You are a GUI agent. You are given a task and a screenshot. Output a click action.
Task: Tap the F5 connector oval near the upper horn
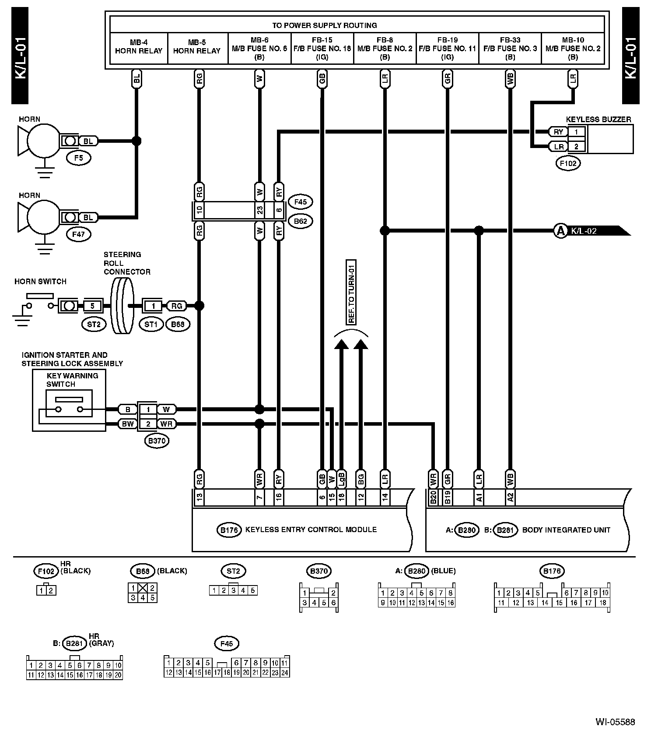click(x=78, y=158)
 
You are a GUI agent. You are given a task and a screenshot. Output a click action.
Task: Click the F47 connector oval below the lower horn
click(x=78, y=234)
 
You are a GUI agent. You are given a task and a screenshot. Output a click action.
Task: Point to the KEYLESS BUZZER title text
click(x=598, y=119)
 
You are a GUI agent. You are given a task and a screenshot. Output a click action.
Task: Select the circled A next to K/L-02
click(x=560, y=230)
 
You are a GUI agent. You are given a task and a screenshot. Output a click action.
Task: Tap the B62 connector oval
click(x=300, y=221)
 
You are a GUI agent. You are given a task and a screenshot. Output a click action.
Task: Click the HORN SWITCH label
click(x=40, y=282)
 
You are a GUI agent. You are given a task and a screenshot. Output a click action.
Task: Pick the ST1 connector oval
click(x=151, y=325)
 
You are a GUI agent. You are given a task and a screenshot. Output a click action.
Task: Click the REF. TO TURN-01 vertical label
click(x=351, y=292)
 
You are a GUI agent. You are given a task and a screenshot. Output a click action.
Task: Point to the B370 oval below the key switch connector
click(x=157, y=441)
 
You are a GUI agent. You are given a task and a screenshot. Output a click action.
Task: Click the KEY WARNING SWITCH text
click(x=72, y=380)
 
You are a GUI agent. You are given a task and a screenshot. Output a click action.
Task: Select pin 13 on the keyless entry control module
click(x=199, y=498)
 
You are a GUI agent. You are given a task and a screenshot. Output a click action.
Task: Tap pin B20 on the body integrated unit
click(x=433, y=498)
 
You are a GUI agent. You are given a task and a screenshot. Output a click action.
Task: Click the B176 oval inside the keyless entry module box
click(x=229, y=530)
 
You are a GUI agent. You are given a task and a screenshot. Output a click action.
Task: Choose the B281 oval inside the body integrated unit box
click(x=505, y=530)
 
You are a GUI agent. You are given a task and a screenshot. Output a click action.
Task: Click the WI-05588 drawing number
click(x=615, y=722)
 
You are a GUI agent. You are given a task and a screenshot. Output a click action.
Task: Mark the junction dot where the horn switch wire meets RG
click(x=199, y=306)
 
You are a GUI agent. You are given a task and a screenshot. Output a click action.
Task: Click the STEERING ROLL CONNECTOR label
click(x=127, y=263)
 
